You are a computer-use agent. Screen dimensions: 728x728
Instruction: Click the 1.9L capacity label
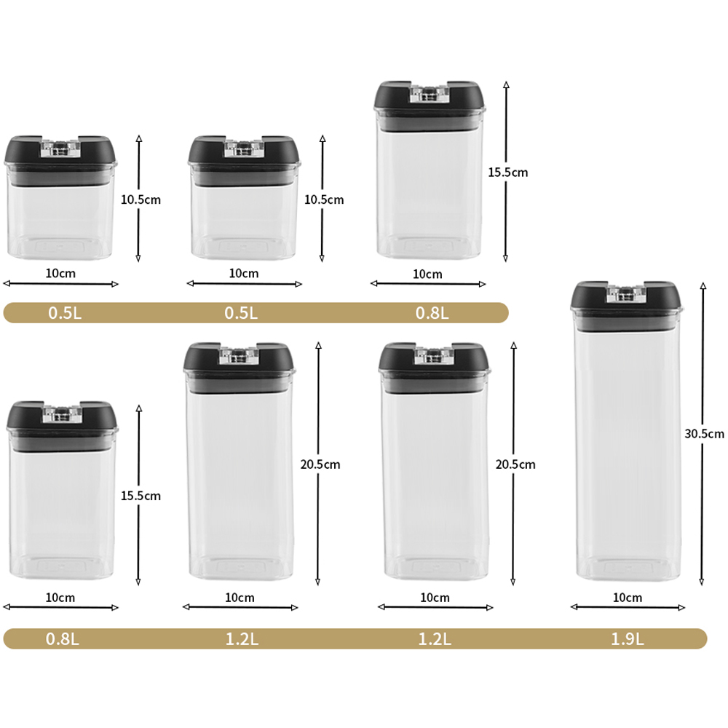(628, 639)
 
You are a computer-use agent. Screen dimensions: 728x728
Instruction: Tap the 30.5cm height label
(704, 434)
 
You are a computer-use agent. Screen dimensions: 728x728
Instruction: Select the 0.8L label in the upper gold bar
(432, 313)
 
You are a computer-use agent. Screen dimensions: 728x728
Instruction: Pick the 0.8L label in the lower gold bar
(62, 639)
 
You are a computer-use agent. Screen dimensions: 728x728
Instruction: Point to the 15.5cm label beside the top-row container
(508, 173)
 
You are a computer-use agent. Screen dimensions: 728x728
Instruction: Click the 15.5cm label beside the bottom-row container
(141, 496)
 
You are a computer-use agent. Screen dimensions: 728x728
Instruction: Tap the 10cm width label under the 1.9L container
(628, 598)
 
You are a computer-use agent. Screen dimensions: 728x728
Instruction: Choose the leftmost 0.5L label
(65, 313)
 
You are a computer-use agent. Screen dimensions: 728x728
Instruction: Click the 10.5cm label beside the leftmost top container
(141, 199)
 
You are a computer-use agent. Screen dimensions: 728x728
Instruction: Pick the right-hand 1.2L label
(435, 639)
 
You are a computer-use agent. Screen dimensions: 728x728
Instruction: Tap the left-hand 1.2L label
(242, 639)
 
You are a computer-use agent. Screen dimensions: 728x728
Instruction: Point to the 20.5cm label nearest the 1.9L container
(515, 464)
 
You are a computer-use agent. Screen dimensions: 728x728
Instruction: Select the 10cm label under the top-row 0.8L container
(427, 274)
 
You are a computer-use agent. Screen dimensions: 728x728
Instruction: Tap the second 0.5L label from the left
(241, 313)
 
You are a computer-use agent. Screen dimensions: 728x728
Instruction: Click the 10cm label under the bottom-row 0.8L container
(60, 598)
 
